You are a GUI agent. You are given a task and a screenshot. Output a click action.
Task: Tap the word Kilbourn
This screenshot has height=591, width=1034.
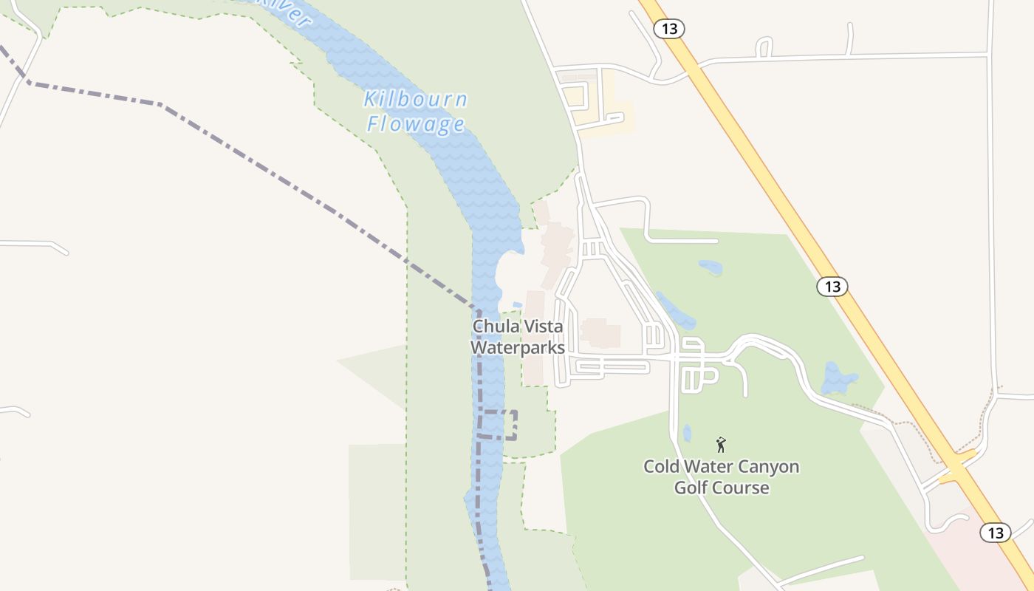[x=416, y=99]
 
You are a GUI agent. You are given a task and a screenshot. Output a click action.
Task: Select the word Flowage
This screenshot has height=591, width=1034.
[x=416, y=123]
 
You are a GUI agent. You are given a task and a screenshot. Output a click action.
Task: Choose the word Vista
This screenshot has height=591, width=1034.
[x=543, y=327]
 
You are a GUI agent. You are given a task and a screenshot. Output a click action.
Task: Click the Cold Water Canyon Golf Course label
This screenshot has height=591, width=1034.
[x=721, y=477]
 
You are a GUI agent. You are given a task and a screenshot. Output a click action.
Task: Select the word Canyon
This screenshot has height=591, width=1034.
[x=768, y=467]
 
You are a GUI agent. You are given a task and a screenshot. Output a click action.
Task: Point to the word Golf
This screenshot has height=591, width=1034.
[x=691, y=488]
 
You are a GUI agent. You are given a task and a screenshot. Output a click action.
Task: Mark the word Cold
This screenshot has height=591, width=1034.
[x=661, y=467]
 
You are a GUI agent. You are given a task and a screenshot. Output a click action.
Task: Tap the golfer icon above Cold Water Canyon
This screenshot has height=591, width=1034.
[x=721, y=445]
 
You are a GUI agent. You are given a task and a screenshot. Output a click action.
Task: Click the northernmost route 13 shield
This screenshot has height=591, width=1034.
[x=669, y=29]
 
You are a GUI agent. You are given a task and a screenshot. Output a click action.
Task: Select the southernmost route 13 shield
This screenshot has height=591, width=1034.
[x=995, y=532]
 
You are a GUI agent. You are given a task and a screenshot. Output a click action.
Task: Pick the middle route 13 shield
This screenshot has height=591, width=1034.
[x=832, y=287]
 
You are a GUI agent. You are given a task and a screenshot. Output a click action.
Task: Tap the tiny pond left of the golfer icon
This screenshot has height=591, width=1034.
[x=687, y=433]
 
